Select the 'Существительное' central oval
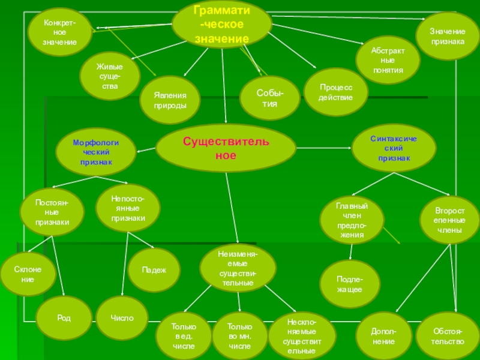click(x=226, y=148)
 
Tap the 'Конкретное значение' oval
click(x=59, y=33)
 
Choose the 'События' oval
click(x=270, y=98)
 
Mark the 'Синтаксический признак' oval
click(x=394, y=148)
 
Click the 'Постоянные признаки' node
click(x=52, y=212)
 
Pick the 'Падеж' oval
click(x=154, y=270)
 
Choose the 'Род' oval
click(x=64, y=317)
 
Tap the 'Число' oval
click(x=122, y=317)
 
